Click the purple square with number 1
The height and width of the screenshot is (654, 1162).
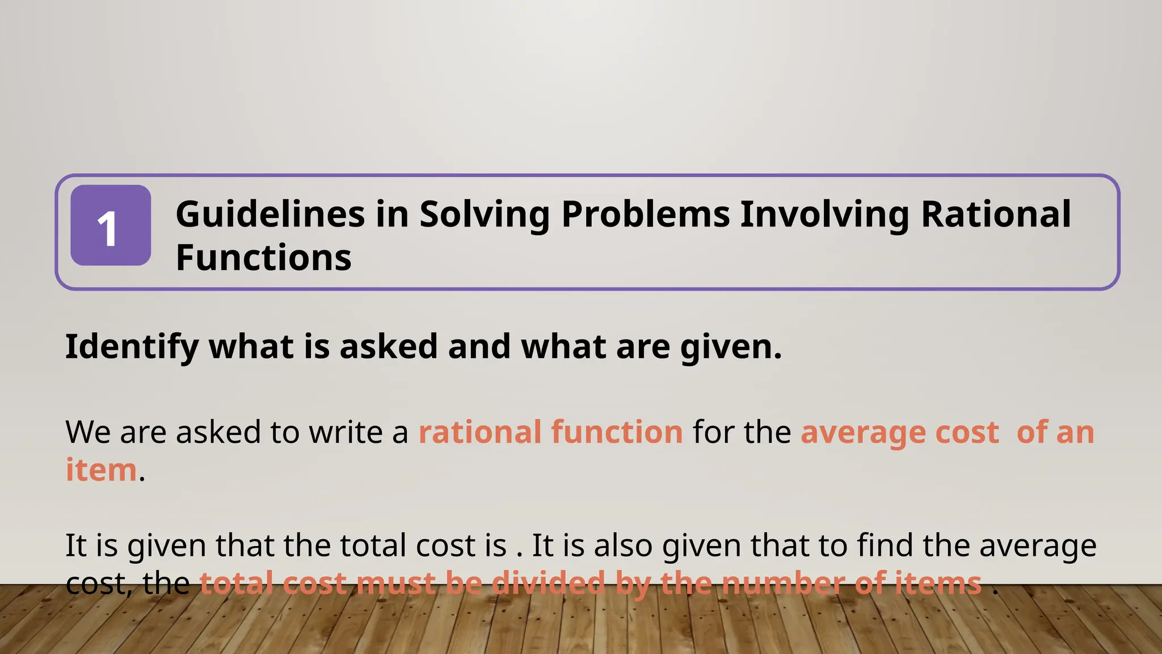tap(111, 225)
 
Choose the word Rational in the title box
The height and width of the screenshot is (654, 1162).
tap(996, 215)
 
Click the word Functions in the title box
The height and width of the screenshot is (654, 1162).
tap(264, 258)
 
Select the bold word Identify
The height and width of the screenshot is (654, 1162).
tap(132, 346)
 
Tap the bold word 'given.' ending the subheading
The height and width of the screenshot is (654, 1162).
tap(731, 346)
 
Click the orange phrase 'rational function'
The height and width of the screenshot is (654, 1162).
tap(551, 432)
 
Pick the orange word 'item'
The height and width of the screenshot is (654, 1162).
tap(102, 470)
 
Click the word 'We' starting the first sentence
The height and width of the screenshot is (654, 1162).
tap(88, 432)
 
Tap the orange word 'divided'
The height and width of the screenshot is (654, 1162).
tap(549, 583)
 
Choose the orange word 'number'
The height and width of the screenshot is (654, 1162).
tap(784, 583)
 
